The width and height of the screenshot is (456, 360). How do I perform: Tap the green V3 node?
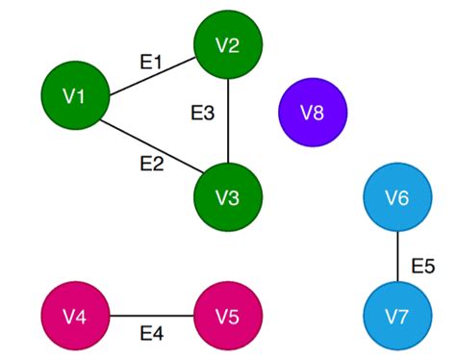pos(227,197)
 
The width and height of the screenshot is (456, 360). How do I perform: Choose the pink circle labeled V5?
pos(227,316)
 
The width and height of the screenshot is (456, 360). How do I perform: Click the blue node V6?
pos(397,197)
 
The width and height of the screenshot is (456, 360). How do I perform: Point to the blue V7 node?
pos(397,316)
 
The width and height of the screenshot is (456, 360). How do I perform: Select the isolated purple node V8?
pos(312,113)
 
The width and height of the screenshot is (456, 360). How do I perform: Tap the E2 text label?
pos(151,163)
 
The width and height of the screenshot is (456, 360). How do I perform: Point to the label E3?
pos(202,114)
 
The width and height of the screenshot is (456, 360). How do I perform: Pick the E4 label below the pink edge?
pos(151,334)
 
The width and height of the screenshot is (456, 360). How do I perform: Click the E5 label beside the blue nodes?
pos(424,265)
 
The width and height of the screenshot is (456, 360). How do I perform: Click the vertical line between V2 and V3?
pos(227,121)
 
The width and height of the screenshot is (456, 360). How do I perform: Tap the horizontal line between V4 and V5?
pos(151,316)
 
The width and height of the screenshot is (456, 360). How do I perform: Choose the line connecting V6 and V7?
pos(397,256)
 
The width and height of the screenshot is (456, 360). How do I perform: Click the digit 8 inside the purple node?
pos(318,113)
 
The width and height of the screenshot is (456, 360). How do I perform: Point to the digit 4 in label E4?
pos(158,334)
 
